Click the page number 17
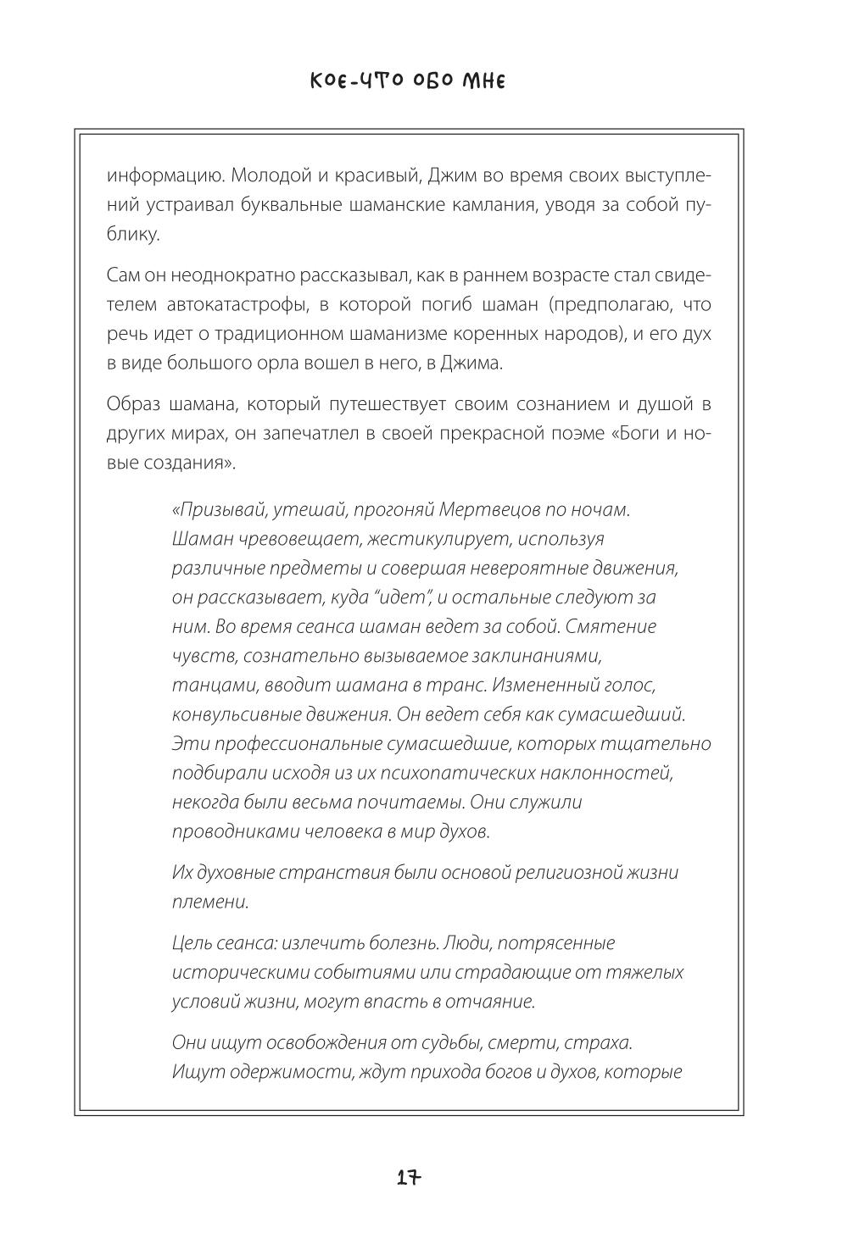click(408, 1178)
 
